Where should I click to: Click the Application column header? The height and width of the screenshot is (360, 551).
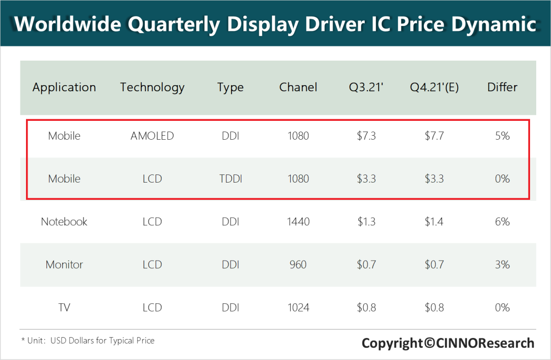coord(64,87)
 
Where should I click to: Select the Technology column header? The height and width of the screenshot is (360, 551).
coord(152,87)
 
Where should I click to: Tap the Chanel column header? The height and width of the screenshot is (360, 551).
coord(298,87)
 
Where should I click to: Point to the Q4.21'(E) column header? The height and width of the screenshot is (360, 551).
coord(434,87)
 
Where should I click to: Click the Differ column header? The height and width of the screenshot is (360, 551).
coord(502,87)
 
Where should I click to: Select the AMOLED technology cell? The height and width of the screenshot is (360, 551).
coord(152,136)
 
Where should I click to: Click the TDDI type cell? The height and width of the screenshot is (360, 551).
coord(231,179)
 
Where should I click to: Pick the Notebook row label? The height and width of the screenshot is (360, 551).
coord(64,222)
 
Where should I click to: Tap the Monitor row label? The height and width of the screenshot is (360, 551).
coord(64,265)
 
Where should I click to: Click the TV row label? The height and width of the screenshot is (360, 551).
coord(64,307)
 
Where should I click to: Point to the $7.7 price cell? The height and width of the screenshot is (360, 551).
coord(434,136)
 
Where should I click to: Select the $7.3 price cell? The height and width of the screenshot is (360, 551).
coord(366,136)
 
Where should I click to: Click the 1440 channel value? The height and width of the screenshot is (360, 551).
coord(298,222)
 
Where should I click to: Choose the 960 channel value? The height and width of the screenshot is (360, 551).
coord(298,265)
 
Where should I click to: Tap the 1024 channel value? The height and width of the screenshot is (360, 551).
coord(298,307)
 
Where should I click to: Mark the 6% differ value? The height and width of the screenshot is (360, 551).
coord(503,222)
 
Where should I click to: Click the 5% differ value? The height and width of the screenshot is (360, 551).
coord(503,136)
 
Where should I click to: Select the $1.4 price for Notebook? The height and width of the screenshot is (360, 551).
coord(434,222)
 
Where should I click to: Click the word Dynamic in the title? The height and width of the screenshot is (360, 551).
coord(494,24)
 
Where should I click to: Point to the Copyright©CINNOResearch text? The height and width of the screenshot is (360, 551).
coord(448,343)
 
